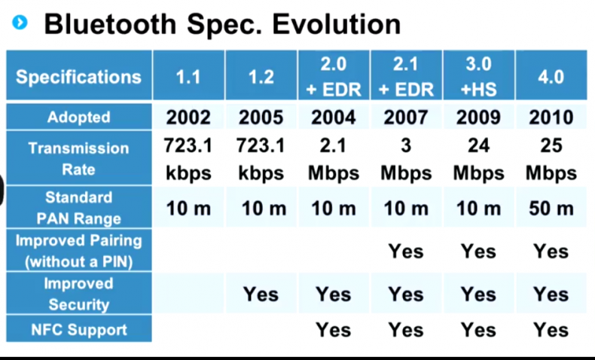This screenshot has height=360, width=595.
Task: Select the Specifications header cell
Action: pyautogui.click(x=78, y=77)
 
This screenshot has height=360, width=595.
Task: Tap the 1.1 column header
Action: pyautogui.click(x=188, y=77)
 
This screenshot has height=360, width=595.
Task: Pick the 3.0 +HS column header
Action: pyautogui.click(x=478, y=77)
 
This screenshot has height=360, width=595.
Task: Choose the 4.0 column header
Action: pyautogui.click(x=551, y=77)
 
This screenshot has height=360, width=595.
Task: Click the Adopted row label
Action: pyautogui.click(x=78, y=117)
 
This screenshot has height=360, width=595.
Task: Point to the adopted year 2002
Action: pyautogui.click(x=188, y=117)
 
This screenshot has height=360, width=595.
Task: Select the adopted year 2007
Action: pyautogui.click(x=406, y=117)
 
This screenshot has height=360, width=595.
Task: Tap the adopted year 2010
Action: pyautogui.click(x=551, y=117)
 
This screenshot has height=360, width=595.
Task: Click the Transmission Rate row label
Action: pyautogui.click(x=78, y=159)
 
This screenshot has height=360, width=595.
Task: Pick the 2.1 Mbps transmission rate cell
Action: pyautogui.click(x=334, y=159)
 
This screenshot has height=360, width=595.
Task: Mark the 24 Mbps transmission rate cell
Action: pyautogui.click(x=478, y=159)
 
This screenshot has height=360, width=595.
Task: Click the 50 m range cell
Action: pyautogui.click(x=551, y=209)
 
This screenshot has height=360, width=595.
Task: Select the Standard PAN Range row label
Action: pyautogui.click(x=78, y=208)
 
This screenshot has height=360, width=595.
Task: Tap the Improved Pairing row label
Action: pyautogui.click(x=78, y=252)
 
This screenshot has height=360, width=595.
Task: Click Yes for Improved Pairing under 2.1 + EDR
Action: pyautogui.click(x=406, y=251)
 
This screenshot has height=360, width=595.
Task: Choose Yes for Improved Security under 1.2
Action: pyautogui.click(x=261, y=294)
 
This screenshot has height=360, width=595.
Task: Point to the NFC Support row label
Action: pyautogui.click(x=78, y=330)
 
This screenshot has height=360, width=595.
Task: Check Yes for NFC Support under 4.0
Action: pyautogui.click(x=551, y=329)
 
